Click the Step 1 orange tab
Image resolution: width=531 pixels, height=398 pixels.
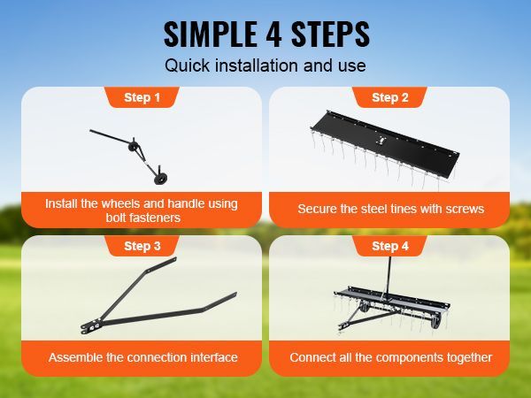click(x=142, y=97)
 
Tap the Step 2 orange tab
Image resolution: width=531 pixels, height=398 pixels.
click(x=389, y=97)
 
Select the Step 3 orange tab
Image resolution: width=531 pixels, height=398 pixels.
click(x=142, y=246)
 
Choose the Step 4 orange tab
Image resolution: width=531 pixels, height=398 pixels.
click(x=389, y=246)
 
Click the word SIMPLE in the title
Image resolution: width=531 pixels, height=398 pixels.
click(x=210, y=34)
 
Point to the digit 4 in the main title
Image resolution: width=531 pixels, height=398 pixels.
click(x=273, y=34)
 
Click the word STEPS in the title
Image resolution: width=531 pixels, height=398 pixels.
click(x=330, y=34)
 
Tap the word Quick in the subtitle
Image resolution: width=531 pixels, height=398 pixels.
click(x=188, y=65)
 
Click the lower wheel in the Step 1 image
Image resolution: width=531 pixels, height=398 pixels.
click(x=160, y=179)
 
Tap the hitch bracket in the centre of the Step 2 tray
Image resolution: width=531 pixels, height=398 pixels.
click(x=382, y=140)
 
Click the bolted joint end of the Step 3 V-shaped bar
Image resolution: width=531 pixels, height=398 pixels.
click(x=89, y=327)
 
